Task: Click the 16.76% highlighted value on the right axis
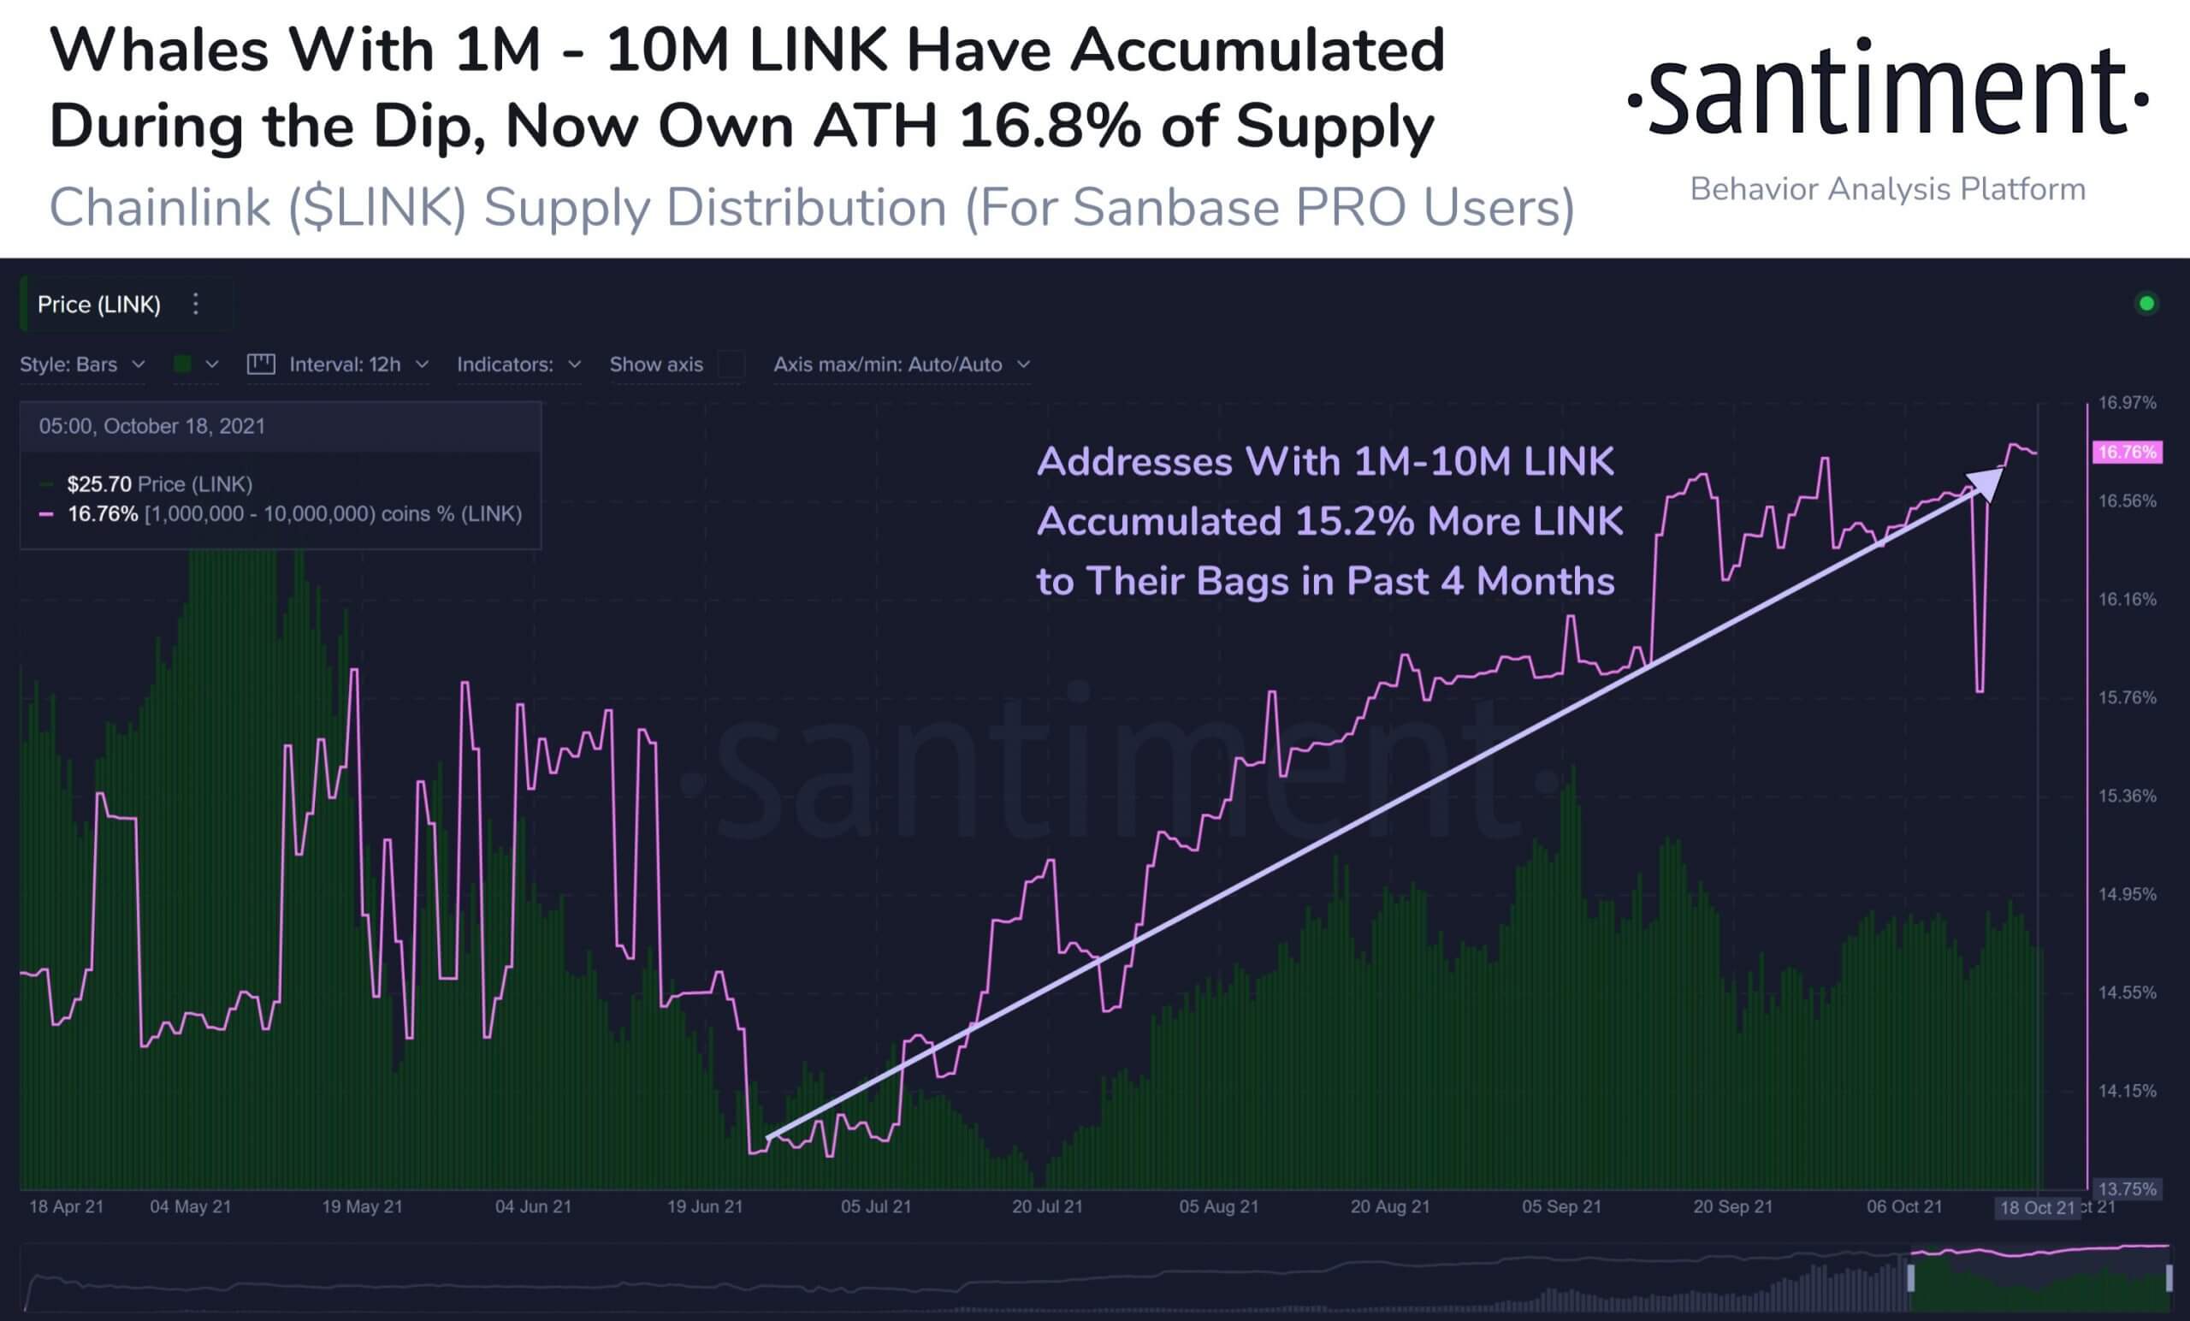(x=2126, y=453)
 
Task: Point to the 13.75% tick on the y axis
(x=2127, y=1188)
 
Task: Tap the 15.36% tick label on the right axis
(x=2127, y=796)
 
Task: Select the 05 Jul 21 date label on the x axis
(x=875, y=1206)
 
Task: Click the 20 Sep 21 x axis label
(x=1732, y=1206)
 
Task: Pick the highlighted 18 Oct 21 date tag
(x=2036, y=1207)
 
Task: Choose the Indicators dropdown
(x=518, y=364)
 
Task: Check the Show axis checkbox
(x=731, y=364)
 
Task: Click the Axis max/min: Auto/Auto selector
(x=900, y=364)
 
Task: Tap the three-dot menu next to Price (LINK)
(x=196, y=304)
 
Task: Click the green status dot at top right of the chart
(x=2146, y=304)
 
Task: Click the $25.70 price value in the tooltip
(x=98, y=484)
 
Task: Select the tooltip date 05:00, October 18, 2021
(x=152, y=426)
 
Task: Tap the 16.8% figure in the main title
(x=1049, y=127)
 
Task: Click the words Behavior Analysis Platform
(x=1887, y=189)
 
